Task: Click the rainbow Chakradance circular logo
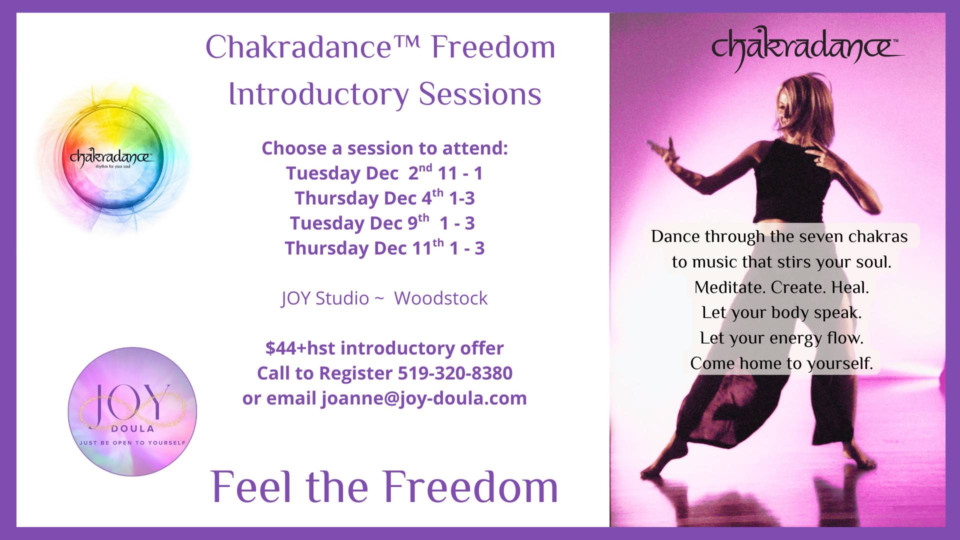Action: coord(111,159)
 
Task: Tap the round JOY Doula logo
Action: coord(132,411)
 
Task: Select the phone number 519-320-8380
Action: coord(455,373)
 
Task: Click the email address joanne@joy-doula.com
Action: coord(424,398)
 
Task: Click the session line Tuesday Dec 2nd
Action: coord(384,172)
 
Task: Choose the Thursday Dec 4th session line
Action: coord(384,197)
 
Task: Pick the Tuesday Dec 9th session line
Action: coord(382,222)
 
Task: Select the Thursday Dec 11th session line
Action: coord(384,247)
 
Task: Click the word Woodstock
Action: coord(440,298)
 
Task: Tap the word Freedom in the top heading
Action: coord(493,47)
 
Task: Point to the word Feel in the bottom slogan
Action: coord(253,487)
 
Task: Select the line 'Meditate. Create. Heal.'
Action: coord(781,287)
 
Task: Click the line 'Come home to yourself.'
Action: coord(781,363)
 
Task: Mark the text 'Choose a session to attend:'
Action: coord(384,148)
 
